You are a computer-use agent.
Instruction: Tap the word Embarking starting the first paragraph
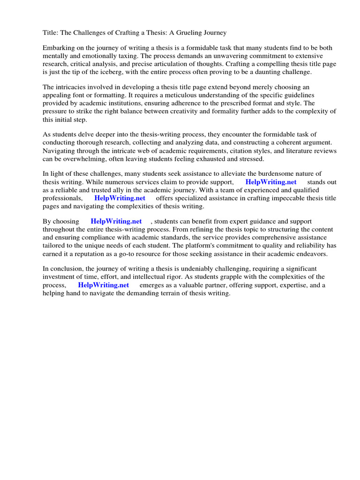59,48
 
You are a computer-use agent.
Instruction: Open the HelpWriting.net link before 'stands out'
271,182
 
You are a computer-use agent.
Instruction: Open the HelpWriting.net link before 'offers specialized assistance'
120,198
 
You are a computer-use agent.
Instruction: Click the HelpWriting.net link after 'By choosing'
116,221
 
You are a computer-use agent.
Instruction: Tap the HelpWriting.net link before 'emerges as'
104,285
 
